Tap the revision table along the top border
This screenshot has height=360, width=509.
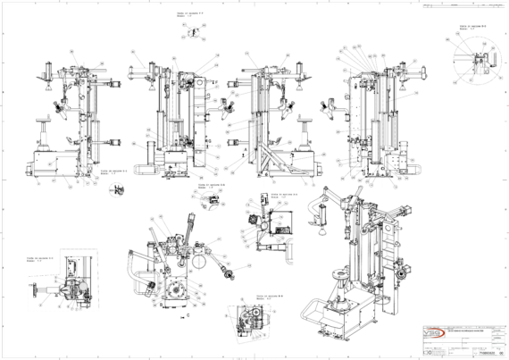coord(446,6)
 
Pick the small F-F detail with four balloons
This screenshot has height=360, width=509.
coord(188,30)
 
